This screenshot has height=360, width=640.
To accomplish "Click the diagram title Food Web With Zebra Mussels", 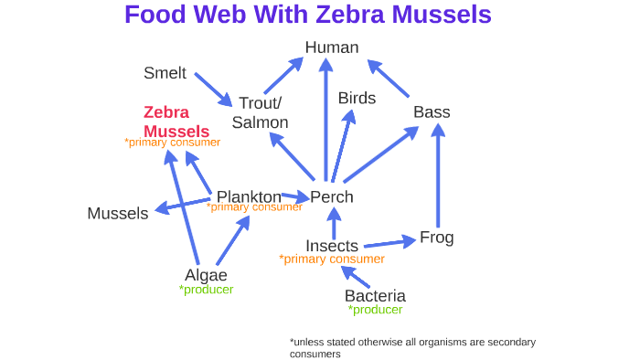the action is coord(307,16).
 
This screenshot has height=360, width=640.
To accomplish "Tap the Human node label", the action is coord(332,48).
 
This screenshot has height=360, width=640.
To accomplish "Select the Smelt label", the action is coord(165,73).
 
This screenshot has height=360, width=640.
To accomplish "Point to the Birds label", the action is coord(357,98).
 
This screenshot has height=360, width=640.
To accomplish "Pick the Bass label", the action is coord(432,112).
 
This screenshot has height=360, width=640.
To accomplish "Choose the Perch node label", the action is coord(332,196).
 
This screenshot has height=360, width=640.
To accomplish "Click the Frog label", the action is coord(436,238).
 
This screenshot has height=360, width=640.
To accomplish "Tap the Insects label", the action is coord(332,246).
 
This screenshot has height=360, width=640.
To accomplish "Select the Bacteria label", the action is coord(375,296).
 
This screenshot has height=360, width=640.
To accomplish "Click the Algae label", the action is coord(206,275).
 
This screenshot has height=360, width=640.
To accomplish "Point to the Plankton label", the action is coord(249,196).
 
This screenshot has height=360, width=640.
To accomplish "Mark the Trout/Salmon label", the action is coord(260,112).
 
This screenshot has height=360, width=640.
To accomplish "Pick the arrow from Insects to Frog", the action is coord(389,242).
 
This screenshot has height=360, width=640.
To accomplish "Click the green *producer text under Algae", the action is coord(207,290).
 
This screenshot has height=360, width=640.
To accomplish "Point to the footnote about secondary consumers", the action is coord(412,348).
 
